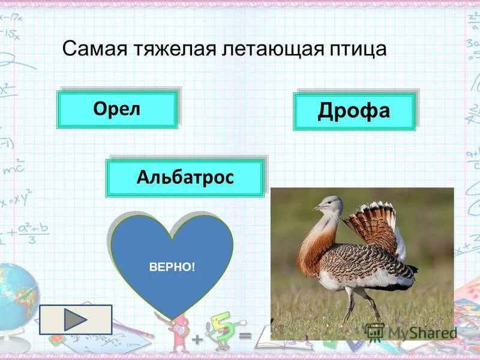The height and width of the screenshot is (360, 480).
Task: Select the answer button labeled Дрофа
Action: click(354, 111)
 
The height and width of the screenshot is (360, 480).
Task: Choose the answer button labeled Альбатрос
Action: click(185, 178)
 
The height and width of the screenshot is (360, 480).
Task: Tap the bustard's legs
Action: click(360, 303)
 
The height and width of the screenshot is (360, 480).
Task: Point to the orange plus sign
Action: click(196, 340)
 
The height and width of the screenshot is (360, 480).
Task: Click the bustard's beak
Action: click(316, 208)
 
